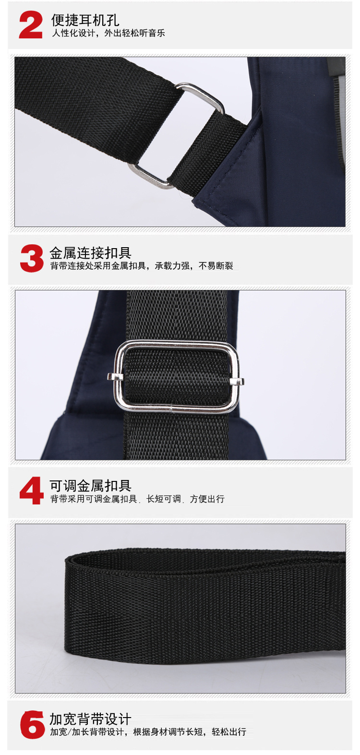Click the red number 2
tap(31, 25)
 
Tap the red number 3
tap(32, 258)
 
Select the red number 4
tap(32, 491)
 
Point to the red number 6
tap(32, 725)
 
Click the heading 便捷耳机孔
tap(85, 20)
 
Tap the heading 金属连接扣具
tap(90, 253)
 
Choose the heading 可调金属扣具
tap(90, 486)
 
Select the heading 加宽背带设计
tap(90, 719)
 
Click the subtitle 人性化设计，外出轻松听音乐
tap(108, 33)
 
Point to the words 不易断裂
tap(216, 266)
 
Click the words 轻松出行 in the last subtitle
tap(229, 732)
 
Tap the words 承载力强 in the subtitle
tap(172, 266)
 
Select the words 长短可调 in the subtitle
tap(164, 499)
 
